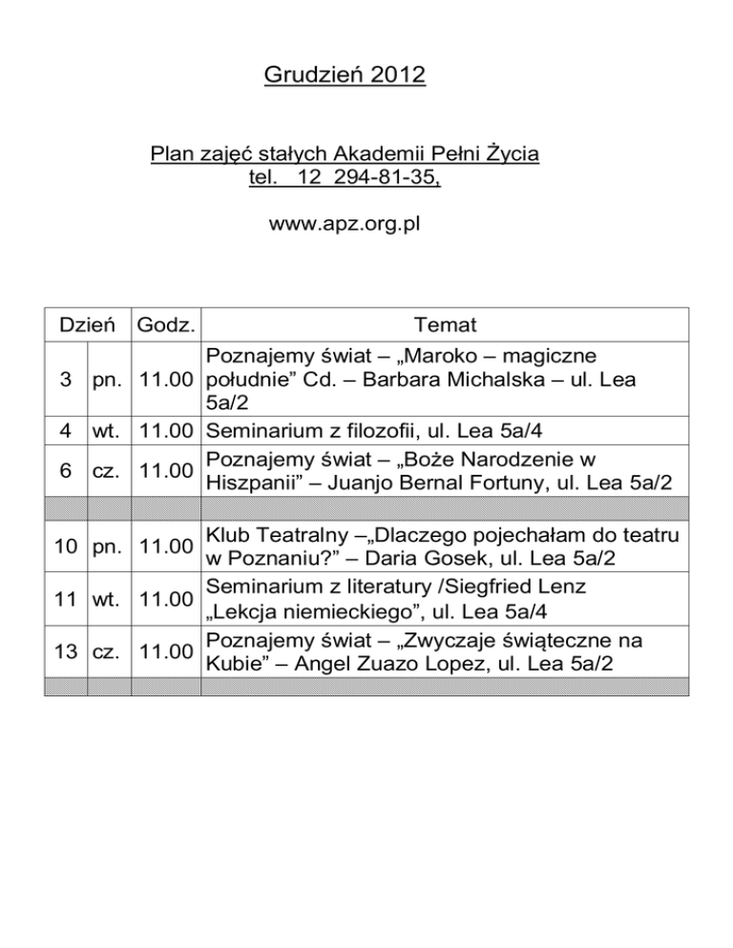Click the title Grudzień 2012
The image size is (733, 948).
(345, 73)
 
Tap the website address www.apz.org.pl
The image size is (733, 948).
(345, 225)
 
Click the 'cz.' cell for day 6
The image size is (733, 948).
(108, 468)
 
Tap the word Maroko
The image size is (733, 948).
(453, 357)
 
